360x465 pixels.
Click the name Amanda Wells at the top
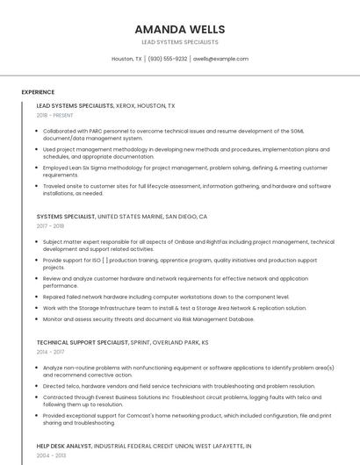[x=179, y=29]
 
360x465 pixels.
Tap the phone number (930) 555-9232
[x=168, y=59]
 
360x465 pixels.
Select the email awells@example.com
[x=220, y=59]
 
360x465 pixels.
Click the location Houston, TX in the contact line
[x=126, y=59]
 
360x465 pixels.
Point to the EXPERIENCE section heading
[x=38, y=91]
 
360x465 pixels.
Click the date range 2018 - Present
[x=55, y=115]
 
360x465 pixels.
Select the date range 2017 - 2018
[x=50, y=225]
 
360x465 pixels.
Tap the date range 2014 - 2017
[x=50, y=352]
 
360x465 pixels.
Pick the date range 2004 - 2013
[x=50, y=455]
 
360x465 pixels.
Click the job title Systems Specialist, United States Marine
[x=122, y=216]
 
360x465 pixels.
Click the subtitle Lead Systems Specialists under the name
[x=179, y=42]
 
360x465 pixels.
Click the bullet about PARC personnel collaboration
[x=176, y=134]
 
